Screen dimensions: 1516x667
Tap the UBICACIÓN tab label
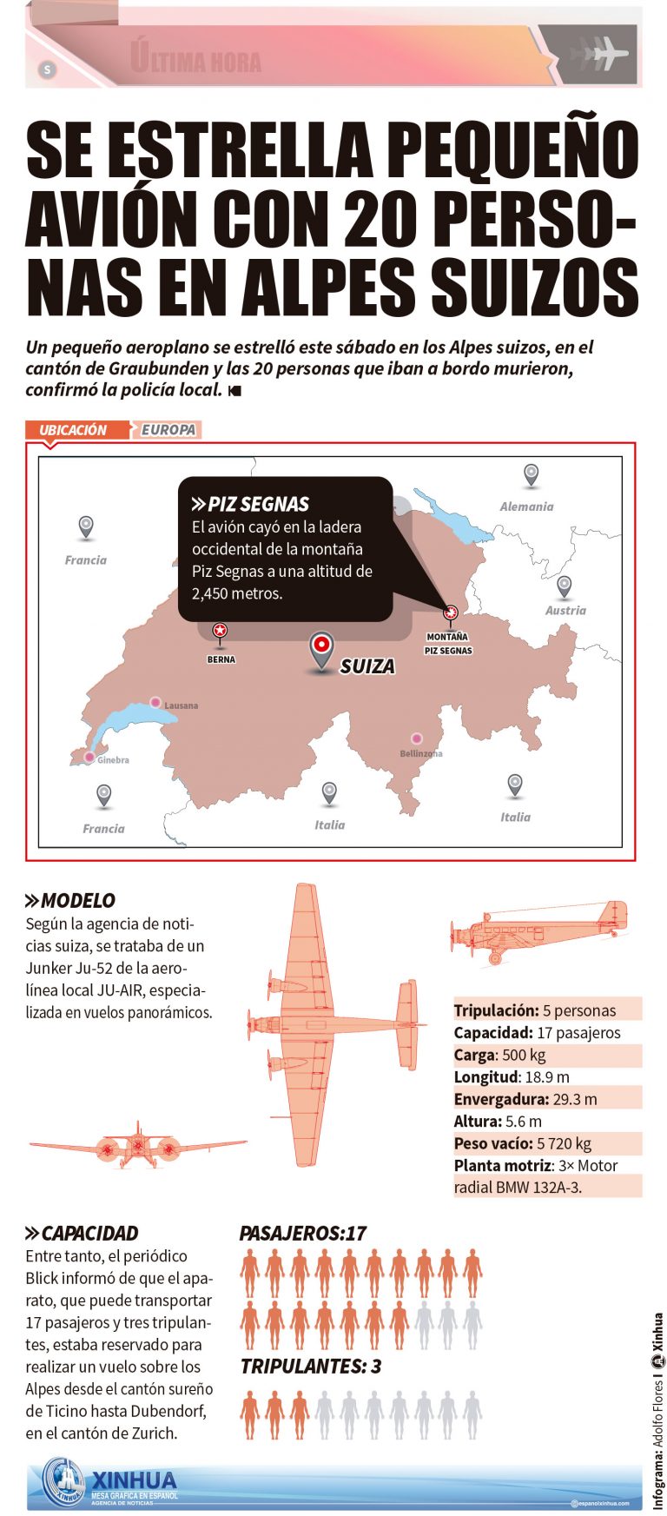pos(73,430)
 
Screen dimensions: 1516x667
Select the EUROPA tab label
pos(168,430)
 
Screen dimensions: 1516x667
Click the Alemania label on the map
pos(526,506)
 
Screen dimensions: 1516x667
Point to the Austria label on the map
pos(565,611)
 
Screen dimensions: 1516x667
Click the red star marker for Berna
pos(220,631)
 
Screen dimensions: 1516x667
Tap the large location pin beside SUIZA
pos(322,649)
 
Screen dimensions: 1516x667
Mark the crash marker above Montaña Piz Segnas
pos(450,612)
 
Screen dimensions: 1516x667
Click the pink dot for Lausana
pos(155,702)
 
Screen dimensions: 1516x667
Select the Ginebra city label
pos(113,760)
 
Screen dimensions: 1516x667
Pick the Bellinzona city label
pos(421,753)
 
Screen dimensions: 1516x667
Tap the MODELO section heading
pos(77,901)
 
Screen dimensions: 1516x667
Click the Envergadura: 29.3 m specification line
pos(525,1099)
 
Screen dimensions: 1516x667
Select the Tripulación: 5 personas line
pos(534,1010)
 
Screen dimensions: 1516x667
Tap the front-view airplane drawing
pos(137,1147)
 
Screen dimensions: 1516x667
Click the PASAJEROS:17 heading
pos(302,1234)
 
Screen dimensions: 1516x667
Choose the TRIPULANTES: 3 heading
pos(310,1367)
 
